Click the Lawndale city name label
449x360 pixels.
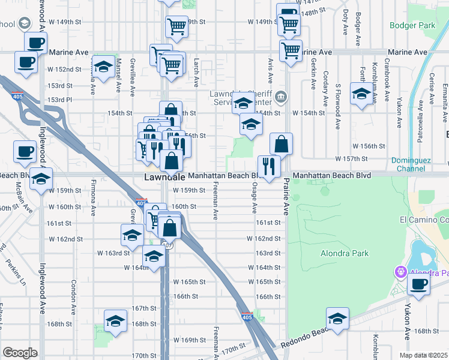coord(164,178)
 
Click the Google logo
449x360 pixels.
coord(19,353)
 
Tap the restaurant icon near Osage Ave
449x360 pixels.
coord(268,166)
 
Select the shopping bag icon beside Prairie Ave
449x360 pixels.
coord(281,143)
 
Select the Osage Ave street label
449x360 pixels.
coord(254,199)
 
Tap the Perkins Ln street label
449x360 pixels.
coord(14,271)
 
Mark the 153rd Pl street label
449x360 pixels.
coord(60,100)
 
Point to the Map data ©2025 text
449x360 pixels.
coord(423,355)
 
